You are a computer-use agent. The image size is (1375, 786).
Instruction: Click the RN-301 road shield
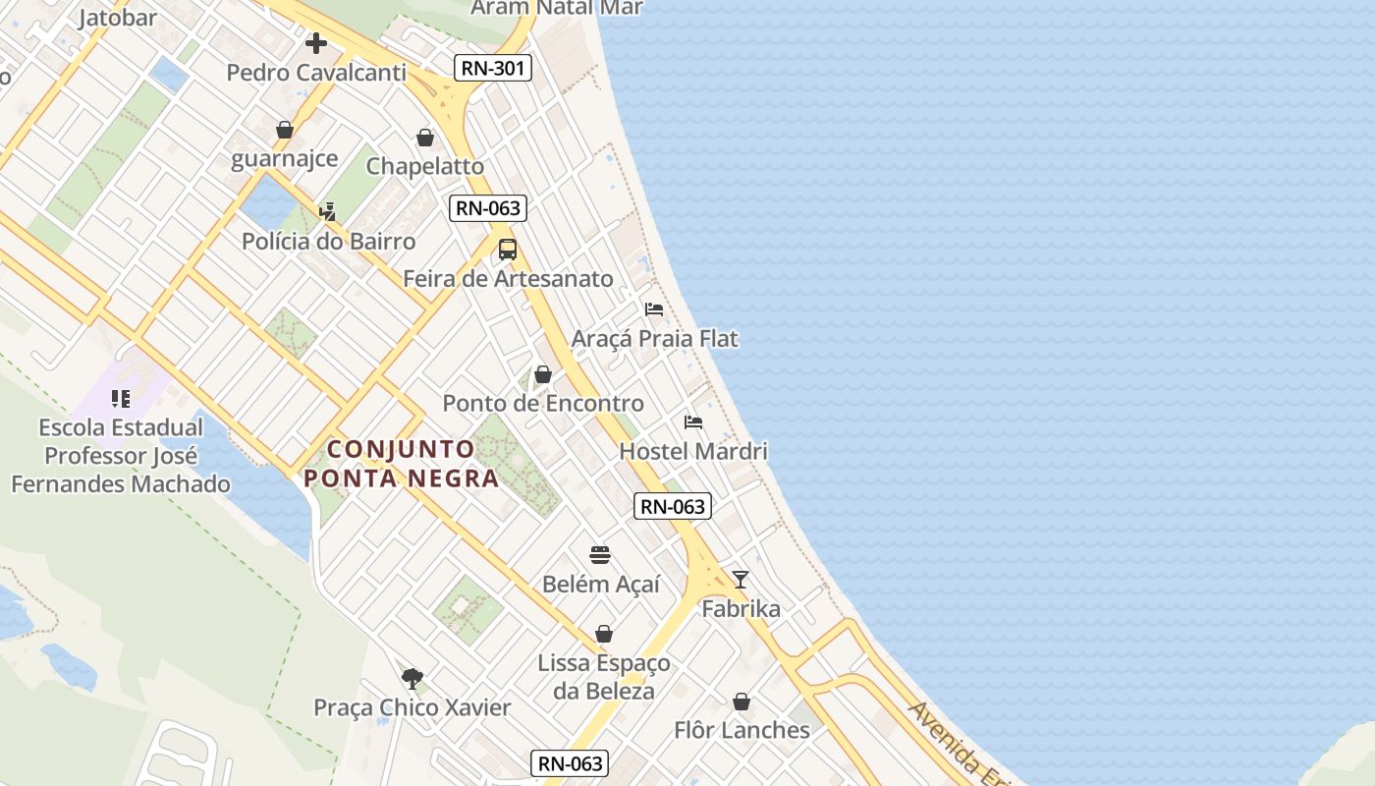493,68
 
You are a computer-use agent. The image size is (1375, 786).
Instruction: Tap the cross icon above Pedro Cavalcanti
315,43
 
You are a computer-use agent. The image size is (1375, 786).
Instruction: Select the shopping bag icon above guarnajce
285,130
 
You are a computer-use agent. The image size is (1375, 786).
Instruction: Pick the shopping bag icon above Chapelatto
425,138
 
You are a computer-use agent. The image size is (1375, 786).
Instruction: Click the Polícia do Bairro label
329,241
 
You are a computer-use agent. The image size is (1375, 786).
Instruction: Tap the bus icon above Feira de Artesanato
507,250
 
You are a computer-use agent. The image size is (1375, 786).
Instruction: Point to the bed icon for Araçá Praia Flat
654,309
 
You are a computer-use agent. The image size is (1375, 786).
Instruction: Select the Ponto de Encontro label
543,403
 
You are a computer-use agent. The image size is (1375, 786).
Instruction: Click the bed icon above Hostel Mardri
693,422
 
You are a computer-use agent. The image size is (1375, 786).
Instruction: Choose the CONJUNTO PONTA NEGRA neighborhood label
401,464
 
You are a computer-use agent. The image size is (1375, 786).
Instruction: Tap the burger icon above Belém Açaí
600,555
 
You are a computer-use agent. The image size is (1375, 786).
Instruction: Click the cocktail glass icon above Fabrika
741,580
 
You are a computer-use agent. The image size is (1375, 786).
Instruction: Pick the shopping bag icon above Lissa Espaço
604,634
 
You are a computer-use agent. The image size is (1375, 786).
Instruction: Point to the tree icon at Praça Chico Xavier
412,678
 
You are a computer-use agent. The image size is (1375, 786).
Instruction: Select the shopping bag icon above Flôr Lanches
742,702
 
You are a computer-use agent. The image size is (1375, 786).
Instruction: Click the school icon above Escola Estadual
121,399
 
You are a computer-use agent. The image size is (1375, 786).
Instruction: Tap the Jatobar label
118,18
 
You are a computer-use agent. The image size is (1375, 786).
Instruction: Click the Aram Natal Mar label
557,8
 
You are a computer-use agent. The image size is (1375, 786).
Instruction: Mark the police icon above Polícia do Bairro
328,211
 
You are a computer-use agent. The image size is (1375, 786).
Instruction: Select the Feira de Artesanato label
508,279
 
